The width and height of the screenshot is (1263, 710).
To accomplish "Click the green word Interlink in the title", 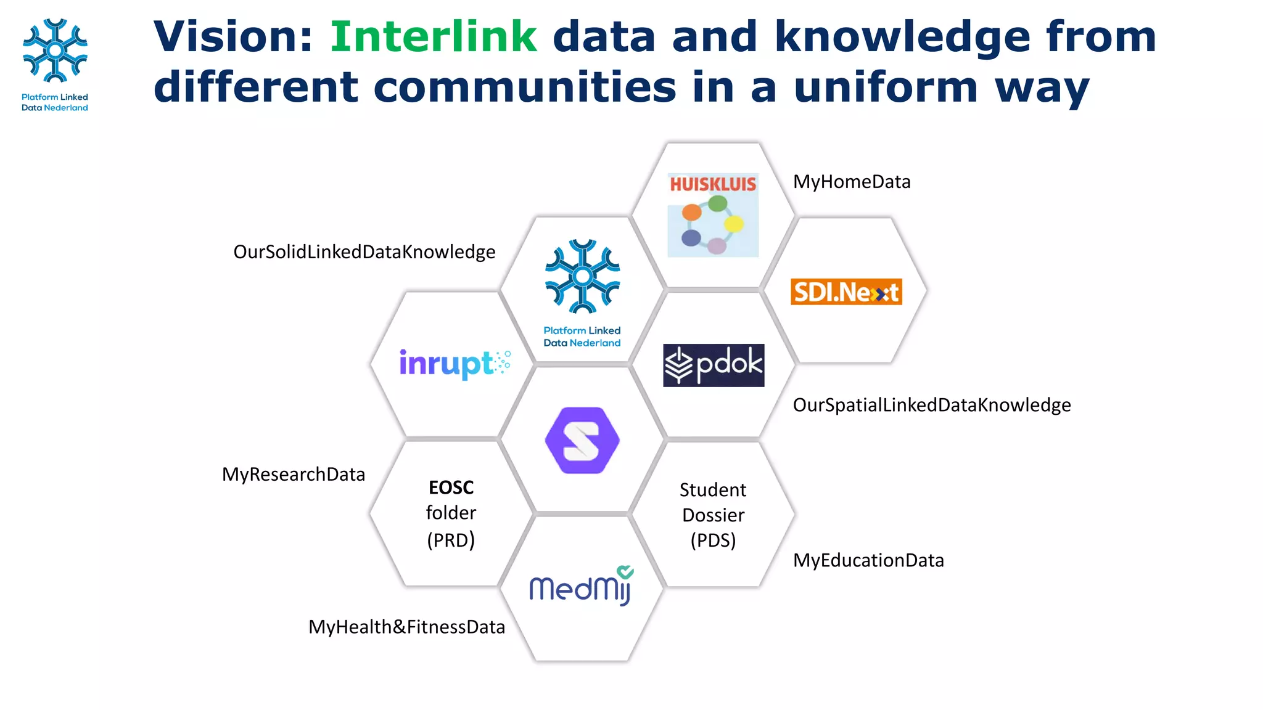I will click(x=434, y=37).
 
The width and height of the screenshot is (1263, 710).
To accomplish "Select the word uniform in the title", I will click(x=886, y=88).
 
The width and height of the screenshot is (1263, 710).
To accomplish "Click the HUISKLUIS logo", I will click(x=713, y=214).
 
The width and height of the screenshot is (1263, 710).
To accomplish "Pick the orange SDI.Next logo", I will click(x=846, y=292).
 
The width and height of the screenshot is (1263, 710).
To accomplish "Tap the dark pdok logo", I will click(x=714, y=365).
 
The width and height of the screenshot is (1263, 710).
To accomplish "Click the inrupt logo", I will click(x=455, y=363).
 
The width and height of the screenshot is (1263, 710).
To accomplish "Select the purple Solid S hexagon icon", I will click(x=582, y=440).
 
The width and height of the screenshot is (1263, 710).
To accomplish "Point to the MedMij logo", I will click(x=580, y=587).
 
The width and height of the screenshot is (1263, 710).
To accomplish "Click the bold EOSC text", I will click(x=451, y=488).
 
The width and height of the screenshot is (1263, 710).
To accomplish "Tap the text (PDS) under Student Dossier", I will click(x=713, y=541).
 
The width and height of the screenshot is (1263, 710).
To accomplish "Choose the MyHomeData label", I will click(x=852, y=182).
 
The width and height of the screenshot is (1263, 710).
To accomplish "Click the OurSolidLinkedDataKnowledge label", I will click(x=364, y=252).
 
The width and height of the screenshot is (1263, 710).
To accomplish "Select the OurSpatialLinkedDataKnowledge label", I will click(x=931, y=405).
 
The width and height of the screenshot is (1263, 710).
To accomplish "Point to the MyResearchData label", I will click(x=294, y=475).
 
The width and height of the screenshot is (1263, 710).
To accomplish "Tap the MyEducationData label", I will click(x=868, y=560).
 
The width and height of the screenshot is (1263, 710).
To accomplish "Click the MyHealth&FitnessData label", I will click(x=406, y=627).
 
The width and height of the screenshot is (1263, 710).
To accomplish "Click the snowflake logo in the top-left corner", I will click(x=55, y=51).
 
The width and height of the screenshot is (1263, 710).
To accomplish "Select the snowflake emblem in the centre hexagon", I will click(x=582, y=276).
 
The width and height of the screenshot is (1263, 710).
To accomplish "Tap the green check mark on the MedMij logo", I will click(x=625, y=571).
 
